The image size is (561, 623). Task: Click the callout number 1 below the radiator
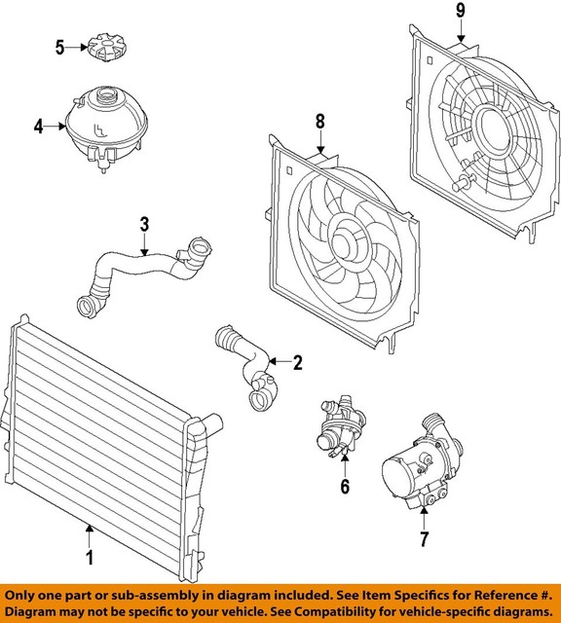coord(90,558)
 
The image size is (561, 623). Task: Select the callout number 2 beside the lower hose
coord(298,363)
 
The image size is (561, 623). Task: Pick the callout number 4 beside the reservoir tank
coord(38,126)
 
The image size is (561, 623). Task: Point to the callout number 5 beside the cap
coord(60,47)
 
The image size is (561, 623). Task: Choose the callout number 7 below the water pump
coord(424,538)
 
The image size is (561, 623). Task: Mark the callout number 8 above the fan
coord(318,123)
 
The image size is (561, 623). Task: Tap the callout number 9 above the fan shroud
coord(462,12)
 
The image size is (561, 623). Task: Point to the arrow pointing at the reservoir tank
coord(55,126)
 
